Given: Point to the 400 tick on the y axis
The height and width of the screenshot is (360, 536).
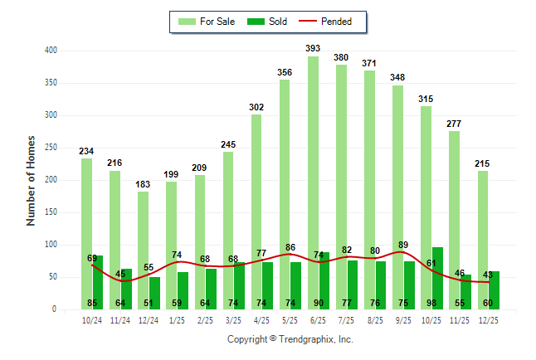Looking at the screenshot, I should point(51,51).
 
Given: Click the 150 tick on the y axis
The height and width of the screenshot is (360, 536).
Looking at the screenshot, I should point(51,212).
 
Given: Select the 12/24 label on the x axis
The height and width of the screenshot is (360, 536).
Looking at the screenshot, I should point(149,319).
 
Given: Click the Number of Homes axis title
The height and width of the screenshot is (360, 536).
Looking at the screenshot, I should point(31,180).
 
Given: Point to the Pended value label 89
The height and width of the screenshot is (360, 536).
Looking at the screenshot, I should point(403,245).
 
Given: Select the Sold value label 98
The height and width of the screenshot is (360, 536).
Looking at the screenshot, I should point(431,303).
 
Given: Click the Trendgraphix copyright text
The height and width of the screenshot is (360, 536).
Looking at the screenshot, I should point(290,339).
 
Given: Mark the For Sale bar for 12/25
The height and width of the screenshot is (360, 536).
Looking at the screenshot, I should point(483,240).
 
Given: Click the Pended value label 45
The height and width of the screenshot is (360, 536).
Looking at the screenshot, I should point(120,274).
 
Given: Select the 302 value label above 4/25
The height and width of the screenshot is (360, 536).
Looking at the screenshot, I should point(256,108).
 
